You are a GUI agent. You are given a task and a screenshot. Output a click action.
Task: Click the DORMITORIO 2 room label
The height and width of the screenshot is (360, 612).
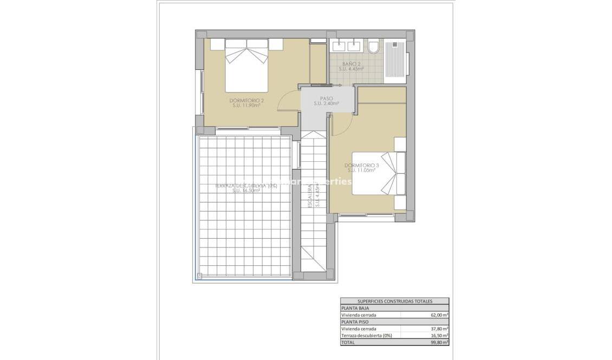pos(246,101)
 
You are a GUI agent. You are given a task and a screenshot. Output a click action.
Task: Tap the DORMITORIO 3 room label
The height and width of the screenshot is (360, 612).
pos(361,165)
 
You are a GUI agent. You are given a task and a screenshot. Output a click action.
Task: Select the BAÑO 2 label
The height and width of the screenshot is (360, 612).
pos(351,64)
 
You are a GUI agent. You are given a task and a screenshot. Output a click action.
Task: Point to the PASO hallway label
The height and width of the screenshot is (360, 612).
pos(326,99)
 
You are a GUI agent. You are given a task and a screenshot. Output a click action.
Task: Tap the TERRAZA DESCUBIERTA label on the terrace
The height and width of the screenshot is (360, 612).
pos(246,186)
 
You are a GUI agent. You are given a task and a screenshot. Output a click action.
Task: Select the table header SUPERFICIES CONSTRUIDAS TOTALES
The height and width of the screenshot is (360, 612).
pos(394,301)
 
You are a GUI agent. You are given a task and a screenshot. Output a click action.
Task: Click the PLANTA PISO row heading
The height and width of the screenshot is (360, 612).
pos(354,322)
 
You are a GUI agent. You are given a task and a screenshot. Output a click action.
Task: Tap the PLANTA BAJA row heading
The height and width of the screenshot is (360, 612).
pos(354,307)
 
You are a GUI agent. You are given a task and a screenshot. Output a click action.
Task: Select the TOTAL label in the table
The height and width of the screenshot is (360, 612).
pos(348,343)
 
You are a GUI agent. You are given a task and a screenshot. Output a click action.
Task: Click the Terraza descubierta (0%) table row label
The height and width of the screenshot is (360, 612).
pos(366,336)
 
